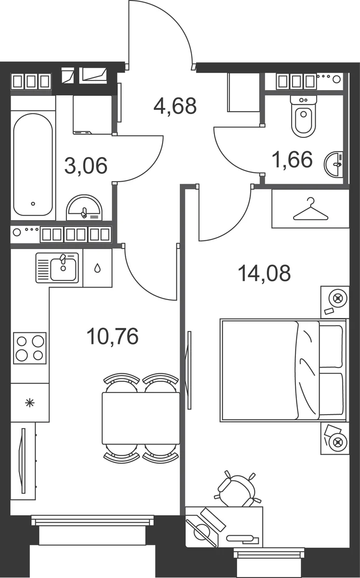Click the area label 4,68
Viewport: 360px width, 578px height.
175,106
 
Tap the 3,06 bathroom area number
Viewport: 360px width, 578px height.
86,166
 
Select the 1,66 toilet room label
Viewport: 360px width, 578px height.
292,159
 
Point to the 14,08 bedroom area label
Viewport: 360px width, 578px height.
265,273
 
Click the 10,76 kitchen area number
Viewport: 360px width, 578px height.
113,336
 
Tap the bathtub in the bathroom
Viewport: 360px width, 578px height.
33,164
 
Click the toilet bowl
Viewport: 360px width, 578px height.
304,116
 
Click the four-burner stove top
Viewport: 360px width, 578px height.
30,348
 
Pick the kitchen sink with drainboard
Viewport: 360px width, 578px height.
57,268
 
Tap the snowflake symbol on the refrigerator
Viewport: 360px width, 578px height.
30,403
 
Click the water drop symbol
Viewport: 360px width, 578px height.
97,268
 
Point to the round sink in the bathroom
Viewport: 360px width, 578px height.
84,208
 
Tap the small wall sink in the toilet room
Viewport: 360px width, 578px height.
333,164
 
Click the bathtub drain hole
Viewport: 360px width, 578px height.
33,204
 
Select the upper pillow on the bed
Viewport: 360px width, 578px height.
331,346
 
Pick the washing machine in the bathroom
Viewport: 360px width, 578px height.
93,115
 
